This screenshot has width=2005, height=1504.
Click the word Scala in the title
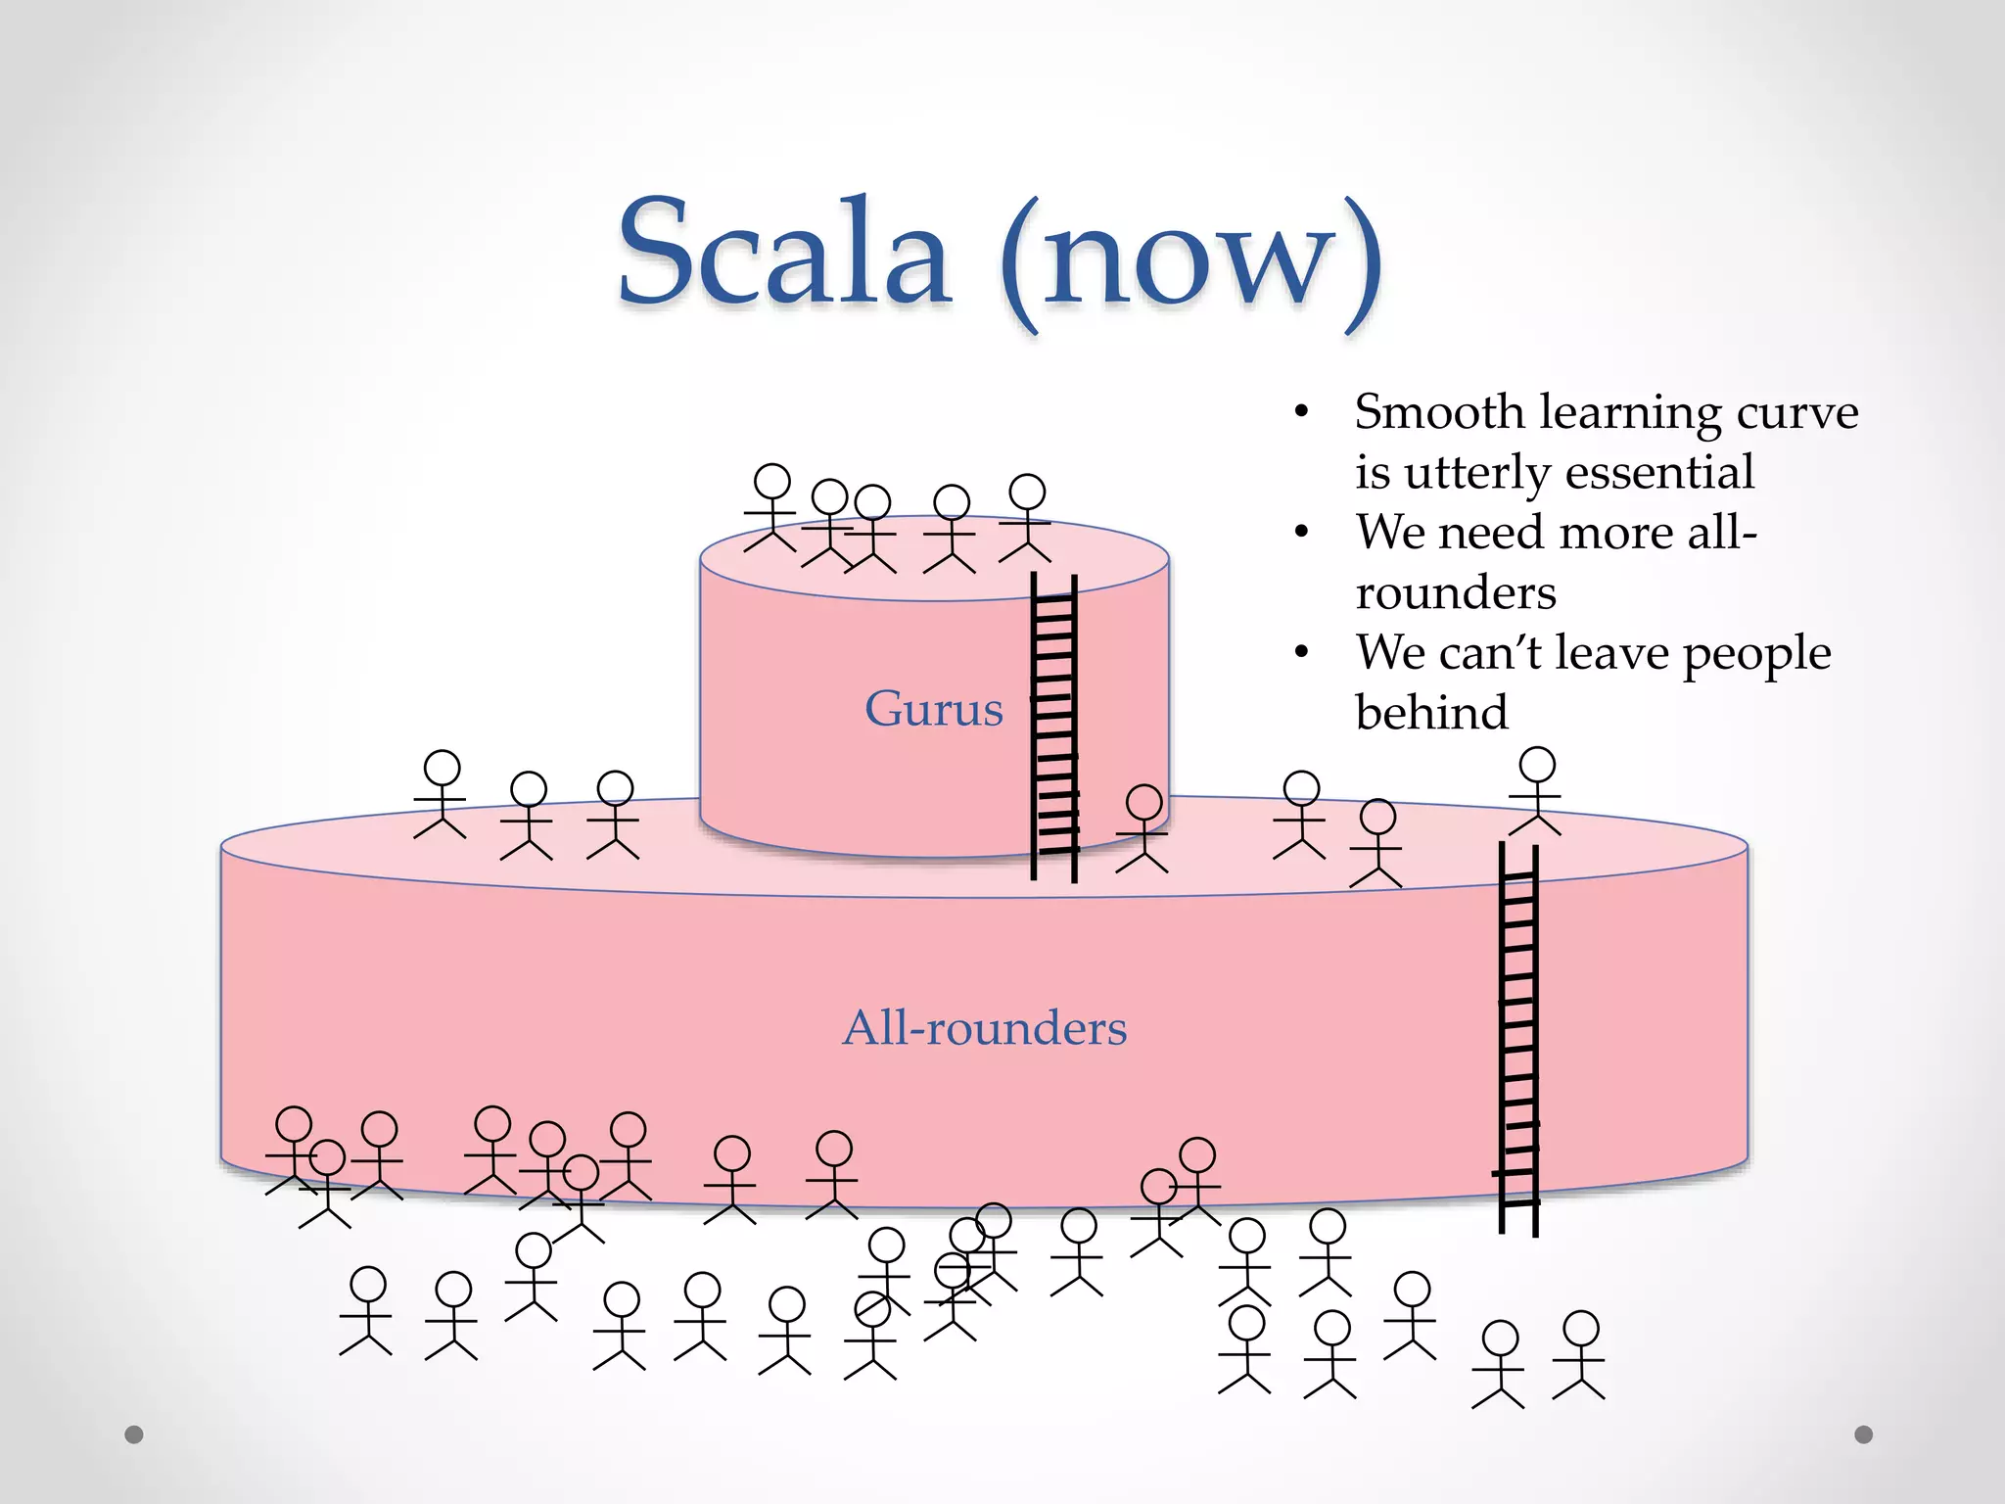pos(783,253)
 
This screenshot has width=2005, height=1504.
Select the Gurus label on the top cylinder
pos(933,708)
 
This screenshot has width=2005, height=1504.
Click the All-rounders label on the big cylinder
pos(984,1028)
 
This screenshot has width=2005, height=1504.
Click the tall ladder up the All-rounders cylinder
pos(1518,1038)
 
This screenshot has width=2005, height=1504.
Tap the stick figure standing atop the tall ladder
pos(1536,789)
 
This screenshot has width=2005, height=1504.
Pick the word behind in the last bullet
pos(1431,713)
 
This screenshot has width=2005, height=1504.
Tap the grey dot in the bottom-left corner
pos(134,1434)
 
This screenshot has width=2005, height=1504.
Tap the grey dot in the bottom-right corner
pos(1863,1434)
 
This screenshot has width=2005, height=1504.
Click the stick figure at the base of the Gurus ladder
pos(1142,827)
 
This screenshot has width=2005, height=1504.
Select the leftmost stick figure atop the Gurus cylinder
pos(771,507)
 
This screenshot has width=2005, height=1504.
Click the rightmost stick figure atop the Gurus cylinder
pos(1026,517)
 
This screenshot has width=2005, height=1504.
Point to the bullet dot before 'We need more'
pos(1301,533)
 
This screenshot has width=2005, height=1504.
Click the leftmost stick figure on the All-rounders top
pos(441,793)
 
